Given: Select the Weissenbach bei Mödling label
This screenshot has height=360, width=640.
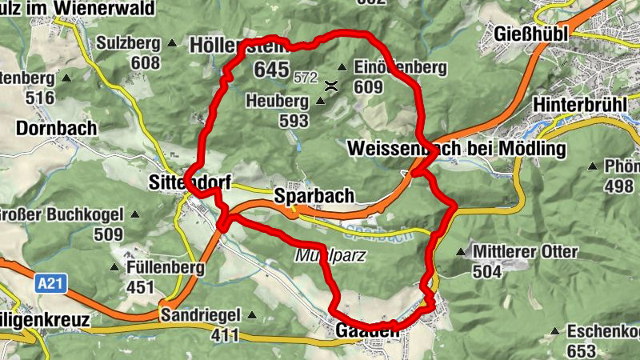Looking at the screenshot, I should click(457, 149).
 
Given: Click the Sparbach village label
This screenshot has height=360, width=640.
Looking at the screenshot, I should click(314, 196).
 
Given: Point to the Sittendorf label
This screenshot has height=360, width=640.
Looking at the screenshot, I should click(190, 183).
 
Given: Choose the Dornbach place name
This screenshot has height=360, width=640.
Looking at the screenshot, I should click(56, 128).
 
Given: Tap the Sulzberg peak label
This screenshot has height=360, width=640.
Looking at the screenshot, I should click(127, 43).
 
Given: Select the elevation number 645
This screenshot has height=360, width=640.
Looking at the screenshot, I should click(271, 70).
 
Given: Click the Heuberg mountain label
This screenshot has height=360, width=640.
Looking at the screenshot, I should click(278, 102).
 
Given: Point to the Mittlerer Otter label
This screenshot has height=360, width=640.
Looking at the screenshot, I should click(525, 252).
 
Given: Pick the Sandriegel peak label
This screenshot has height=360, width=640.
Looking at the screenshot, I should click(202, 314).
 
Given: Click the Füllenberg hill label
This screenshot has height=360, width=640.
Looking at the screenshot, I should click(164, 268).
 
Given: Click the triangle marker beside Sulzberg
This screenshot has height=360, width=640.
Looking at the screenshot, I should click(170, 43).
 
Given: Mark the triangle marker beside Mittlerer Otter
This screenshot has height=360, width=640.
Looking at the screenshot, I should click(460, 253).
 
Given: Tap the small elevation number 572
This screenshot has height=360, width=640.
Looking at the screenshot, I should click(306, 78).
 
